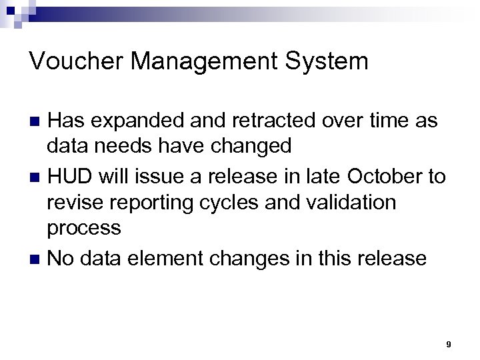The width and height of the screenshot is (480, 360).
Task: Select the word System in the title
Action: click(332, 62)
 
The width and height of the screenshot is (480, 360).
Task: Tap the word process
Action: click(84, 229)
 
